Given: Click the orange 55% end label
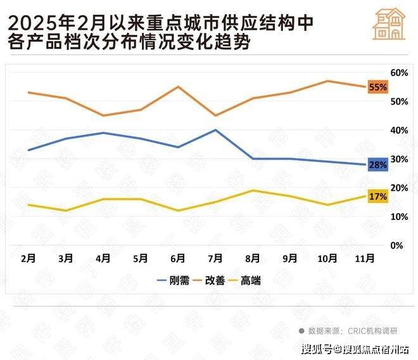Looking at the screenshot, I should pos(377,87).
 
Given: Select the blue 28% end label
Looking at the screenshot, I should pos(377,165).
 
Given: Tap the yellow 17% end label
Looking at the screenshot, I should pos(377,196).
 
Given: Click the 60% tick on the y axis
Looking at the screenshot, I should pos(398,73).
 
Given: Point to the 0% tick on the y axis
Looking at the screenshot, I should pos(398,245).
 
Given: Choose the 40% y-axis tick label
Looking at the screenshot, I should pos(398,131).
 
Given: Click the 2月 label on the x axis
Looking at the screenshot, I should pos(28,259).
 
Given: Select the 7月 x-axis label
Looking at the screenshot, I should pos(215,259).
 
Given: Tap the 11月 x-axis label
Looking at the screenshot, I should pos(365,259).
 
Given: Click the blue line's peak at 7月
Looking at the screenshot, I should pos(215,130).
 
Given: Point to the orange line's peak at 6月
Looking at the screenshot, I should pos(178,86).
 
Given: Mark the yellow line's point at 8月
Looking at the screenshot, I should pos(253,190).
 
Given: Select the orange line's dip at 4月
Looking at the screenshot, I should pos(103,115).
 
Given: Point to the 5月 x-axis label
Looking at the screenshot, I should pos(141,259).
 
